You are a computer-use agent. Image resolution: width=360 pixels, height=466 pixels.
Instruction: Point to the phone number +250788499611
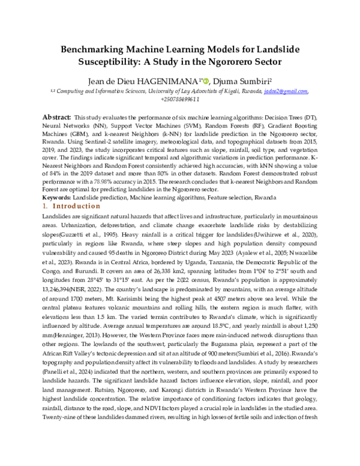(180, 99)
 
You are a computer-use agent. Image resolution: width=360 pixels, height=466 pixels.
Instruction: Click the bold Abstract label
(56, 116)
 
